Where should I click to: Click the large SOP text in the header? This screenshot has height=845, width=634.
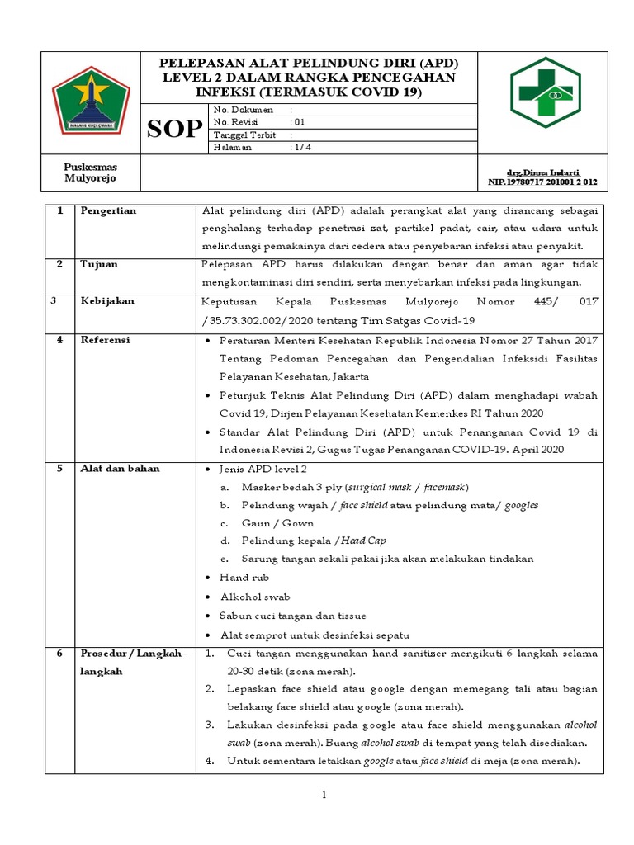[174, 129]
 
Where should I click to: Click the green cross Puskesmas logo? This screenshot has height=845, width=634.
[545, 92]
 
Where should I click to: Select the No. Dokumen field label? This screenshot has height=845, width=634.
[238, 109]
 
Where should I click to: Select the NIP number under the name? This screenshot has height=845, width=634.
[542, 181]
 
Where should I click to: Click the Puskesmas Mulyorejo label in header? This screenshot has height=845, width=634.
[91, 172]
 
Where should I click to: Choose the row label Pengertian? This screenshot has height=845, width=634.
[108, 211]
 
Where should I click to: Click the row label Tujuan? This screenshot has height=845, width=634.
[99, 264]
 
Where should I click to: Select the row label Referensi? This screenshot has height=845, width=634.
[105, 340]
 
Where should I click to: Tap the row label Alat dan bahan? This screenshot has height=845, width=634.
[120, 469]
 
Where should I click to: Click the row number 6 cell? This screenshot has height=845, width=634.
[59, 654]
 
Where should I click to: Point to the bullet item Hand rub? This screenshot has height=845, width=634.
[244, 578]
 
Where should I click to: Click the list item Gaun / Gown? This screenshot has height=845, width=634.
[266, 523]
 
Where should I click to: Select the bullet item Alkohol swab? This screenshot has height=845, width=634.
[254, 597]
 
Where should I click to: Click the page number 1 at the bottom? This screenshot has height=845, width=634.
[324, 795]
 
